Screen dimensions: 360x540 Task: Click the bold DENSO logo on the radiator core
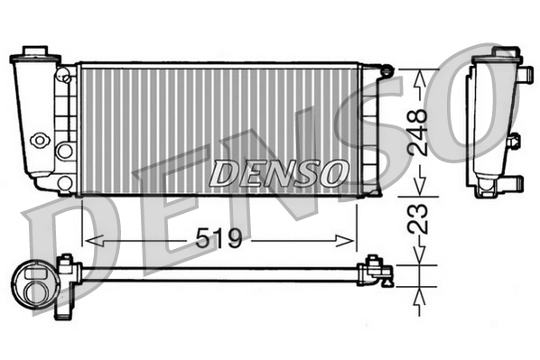point(277,170)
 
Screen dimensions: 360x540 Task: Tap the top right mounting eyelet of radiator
point(386,69)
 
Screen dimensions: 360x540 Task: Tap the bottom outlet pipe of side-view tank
point(509,185)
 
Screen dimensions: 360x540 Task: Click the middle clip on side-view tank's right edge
point(514,142)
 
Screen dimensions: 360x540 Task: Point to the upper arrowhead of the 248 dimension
point(417,79)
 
